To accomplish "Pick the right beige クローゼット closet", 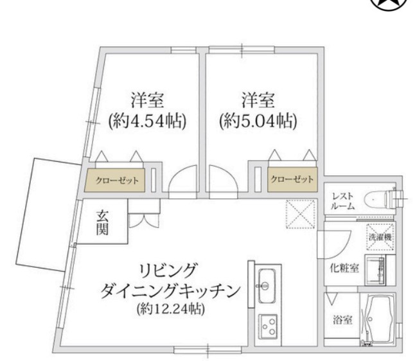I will coord(292,179).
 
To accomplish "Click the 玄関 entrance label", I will coord(102,223).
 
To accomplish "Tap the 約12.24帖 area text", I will coord(170,310).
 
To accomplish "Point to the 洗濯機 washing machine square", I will coord(380,237).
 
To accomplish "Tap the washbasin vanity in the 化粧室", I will coord(379,270).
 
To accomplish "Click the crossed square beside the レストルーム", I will coord(299,215).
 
